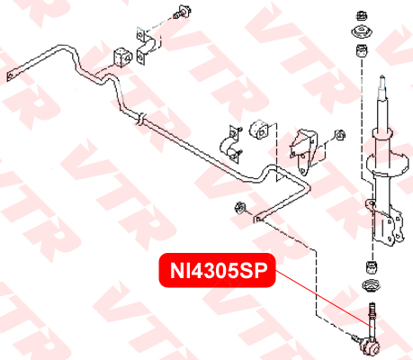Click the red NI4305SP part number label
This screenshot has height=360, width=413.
[x=217, y=271]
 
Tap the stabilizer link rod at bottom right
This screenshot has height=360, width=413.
[x=372, y=320]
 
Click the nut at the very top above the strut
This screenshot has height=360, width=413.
[x=362, y=15]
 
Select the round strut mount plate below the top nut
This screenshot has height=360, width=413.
[x=362, y=32]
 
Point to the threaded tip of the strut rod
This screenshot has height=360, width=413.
[x=382, y=81]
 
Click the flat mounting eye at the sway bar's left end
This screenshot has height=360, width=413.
[x=11, y=76]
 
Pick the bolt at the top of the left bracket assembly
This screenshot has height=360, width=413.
[x=182, y=12]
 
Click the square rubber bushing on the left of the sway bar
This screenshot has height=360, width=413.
[x=122, y=58]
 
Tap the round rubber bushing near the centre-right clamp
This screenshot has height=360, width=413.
[x=259, y=130]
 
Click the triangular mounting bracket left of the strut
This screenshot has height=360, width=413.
[x=304, y=151]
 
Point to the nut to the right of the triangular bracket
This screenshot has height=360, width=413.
[x=340, y=135]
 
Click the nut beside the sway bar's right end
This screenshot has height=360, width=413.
[x=240, y=207]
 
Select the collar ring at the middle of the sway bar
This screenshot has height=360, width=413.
[x=141, y=119]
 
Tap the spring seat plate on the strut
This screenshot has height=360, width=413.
[x=388, y=164]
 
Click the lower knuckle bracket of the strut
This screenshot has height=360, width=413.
[x=386, y=223]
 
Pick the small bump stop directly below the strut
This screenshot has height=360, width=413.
[x=373, y=267]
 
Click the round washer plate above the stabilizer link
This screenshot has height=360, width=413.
[x=372, y=286]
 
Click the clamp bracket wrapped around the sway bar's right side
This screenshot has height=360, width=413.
[x=232, y=145]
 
